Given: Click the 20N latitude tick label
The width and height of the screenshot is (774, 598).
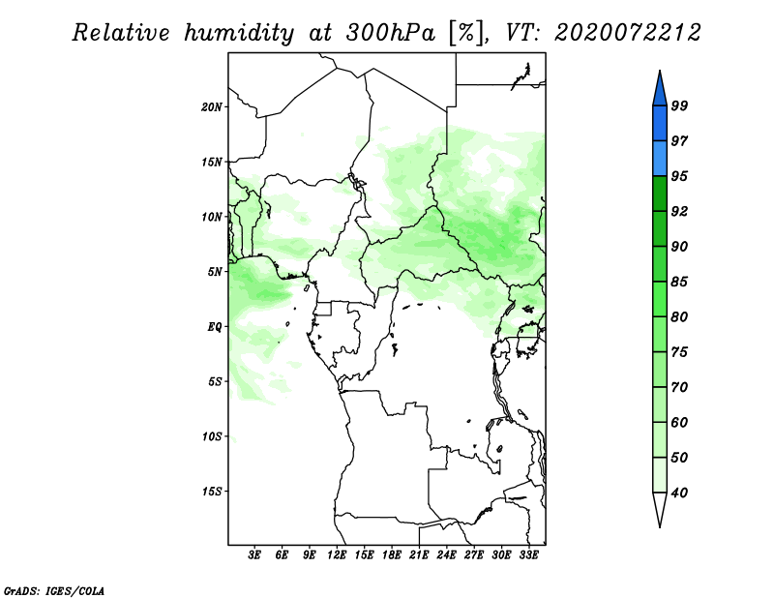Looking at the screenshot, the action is click(212, 107).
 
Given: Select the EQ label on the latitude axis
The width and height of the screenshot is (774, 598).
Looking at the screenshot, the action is click(215, 327).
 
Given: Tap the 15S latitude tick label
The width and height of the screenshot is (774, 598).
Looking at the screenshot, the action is click(212, 492).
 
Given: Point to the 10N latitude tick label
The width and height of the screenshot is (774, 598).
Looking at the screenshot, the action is click(212, 217).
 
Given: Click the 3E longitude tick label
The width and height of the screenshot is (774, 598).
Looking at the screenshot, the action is click(254, 555).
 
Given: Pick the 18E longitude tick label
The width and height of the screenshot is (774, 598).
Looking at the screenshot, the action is click(392, 555).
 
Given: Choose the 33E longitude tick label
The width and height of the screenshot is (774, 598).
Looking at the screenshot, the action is click(528, 555).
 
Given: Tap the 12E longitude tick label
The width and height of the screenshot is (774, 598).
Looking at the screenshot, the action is click(337, 555).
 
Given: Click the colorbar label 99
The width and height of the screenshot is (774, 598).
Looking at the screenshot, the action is click(679, 105).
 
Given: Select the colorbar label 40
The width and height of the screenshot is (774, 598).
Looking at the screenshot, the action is click(679, 493).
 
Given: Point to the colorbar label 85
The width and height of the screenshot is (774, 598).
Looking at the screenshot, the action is click(679, 282).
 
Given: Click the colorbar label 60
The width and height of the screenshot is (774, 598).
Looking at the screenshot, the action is click(679, 422).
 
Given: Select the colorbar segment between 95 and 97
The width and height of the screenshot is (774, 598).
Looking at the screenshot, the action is click(660, 159).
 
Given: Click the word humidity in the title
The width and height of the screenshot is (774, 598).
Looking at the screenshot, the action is click(239, 33).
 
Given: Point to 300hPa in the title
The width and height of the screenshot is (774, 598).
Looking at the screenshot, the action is click(391, 33).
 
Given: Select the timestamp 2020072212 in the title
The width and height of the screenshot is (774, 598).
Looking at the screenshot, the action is click(628, 33).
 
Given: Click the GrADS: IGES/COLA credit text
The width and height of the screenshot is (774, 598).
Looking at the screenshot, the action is click(54, 590).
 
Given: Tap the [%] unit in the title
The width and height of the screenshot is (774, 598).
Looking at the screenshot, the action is click(466, 33).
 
